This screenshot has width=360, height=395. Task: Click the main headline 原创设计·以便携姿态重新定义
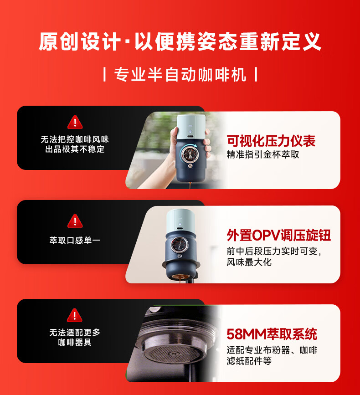point(180,41)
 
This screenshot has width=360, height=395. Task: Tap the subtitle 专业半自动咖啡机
point(180,74)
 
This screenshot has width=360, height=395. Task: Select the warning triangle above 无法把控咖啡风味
point(75,122)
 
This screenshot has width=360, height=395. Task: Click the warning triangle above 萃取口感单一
point(75,221)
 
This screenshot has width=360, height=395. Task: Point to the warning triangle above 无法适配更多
point(75,315)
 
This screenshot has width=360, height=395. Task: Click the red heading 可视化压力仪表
point(271,141)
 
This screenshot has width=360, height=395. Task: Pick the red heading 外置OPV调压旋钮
point(278,235)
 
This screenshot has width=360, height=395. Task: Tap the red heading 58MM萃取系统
point(272,334)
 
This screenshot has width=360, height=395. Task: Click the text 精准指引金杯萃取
point(263,154)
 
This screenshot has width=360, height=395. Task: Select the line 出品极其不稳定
point(75,149)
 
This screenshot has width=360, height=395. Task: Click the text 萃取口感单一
point(75,240)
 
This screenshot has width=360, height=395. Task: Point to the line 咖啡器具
point(75,342)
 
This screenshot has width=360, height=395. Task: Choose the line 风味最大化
point(249,262)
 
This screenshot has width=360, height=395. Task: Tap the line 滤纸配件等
point(249,361)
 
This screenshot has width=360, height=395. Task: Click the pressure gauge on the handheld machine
point(190,154)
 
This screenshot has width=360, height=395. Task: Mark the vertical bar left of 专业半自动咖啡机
point(104,74)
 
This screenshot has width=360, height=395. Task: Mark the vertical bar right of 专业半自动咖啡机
point(256,74)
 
